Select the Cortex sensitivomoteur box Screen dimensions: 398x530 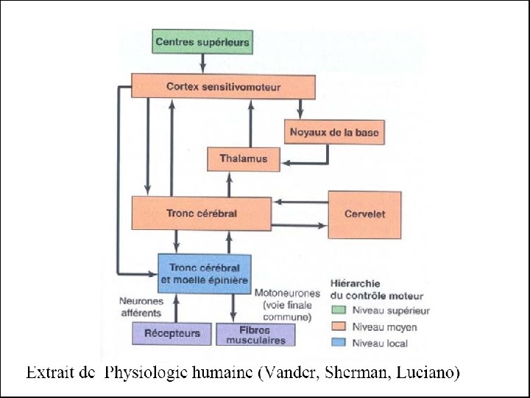tap(223, 86)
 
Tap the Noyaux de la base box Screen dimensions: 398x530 tap(335, 132)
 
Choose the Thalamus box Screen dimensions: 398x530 tap(244, 158)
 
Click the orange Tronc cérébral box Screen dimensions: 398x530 tap(201, 213)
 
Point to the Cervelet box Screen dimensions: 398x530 tap(364, 214)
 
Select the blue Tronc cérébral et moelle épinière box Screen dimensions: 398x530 tap(204, 273)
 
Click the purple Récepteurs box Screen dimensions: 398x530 tap(172, 333)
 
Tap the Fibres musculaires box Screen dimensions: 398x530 tap(255, 335)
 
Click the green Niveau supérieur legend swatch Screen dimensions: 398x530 tap(340, 311)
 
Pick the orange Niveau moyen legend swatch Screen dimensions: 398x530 tap(340, 327)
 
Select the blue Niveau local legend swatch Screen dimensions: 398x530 tap(340, 343)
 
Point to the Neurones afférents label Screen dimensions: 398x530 tap(140, 307)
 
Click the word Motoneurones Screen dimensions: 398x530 tap(287, 293)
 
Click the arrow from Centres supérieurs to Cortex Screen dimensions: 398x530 tap(202, 63)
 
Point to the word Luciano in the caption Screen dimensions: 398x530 tap(429, 374)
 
